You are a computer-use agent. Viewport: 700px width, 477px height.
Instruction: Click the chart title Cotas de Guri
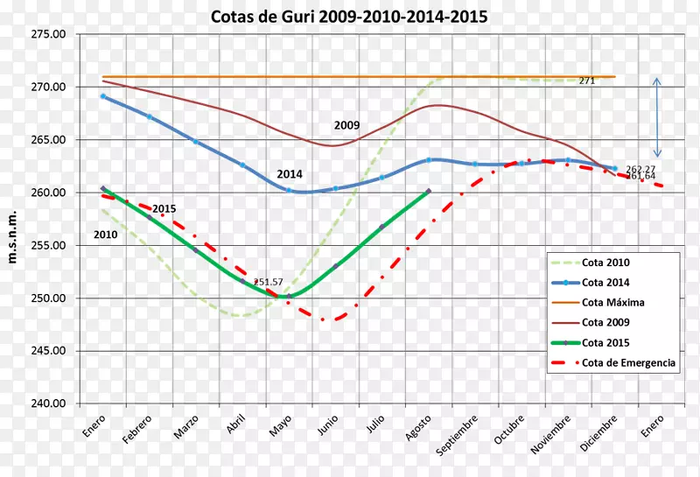click(349, 17)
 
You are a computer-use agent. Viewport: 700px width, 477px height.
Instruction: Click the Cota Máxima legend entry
click(612, 302)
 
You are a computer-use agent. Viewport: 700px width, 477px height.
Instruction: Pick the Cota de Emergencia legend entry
click(628, 363)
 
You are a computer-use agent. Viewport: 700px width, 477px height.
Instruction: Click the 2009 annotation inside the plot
click(346, 126)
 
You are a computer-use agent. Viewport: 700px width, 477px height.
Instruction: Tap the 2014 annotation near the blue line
click(290, 174)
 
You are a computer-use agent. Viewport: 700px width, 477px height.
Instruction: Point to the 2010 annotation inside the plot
click(105, 235)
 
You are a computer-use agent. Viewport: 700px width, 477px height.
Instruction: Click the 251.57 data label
click(269, 282)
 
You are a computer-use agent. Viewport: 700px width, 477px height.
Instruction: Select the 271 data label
click(586, 81)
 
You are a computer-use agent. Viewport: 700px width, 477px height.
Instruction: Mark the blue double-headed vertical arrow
click(658, 117)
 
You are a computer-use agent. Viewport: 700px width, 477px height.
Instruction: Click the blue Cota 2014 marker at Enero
click(103, 96)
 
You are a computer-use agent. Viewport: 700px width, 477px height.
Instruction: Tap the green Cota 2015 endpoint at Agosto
click(428, 191)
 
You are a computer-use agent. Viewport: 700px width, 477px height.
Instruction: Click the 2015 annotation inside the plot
click(164, 208)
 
